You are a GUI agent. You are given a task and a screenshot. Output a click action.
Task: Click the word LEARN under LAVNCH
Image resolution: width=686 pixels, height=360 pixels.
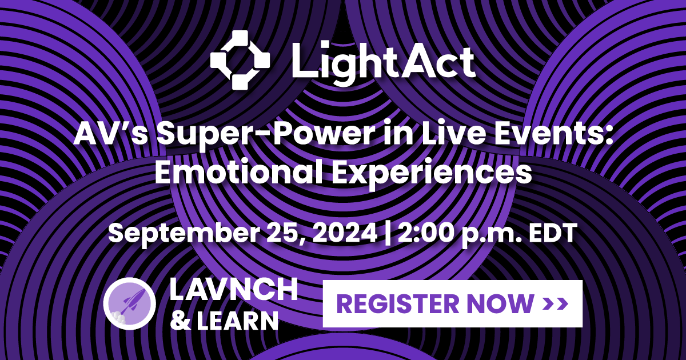[x=237, y=321]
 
